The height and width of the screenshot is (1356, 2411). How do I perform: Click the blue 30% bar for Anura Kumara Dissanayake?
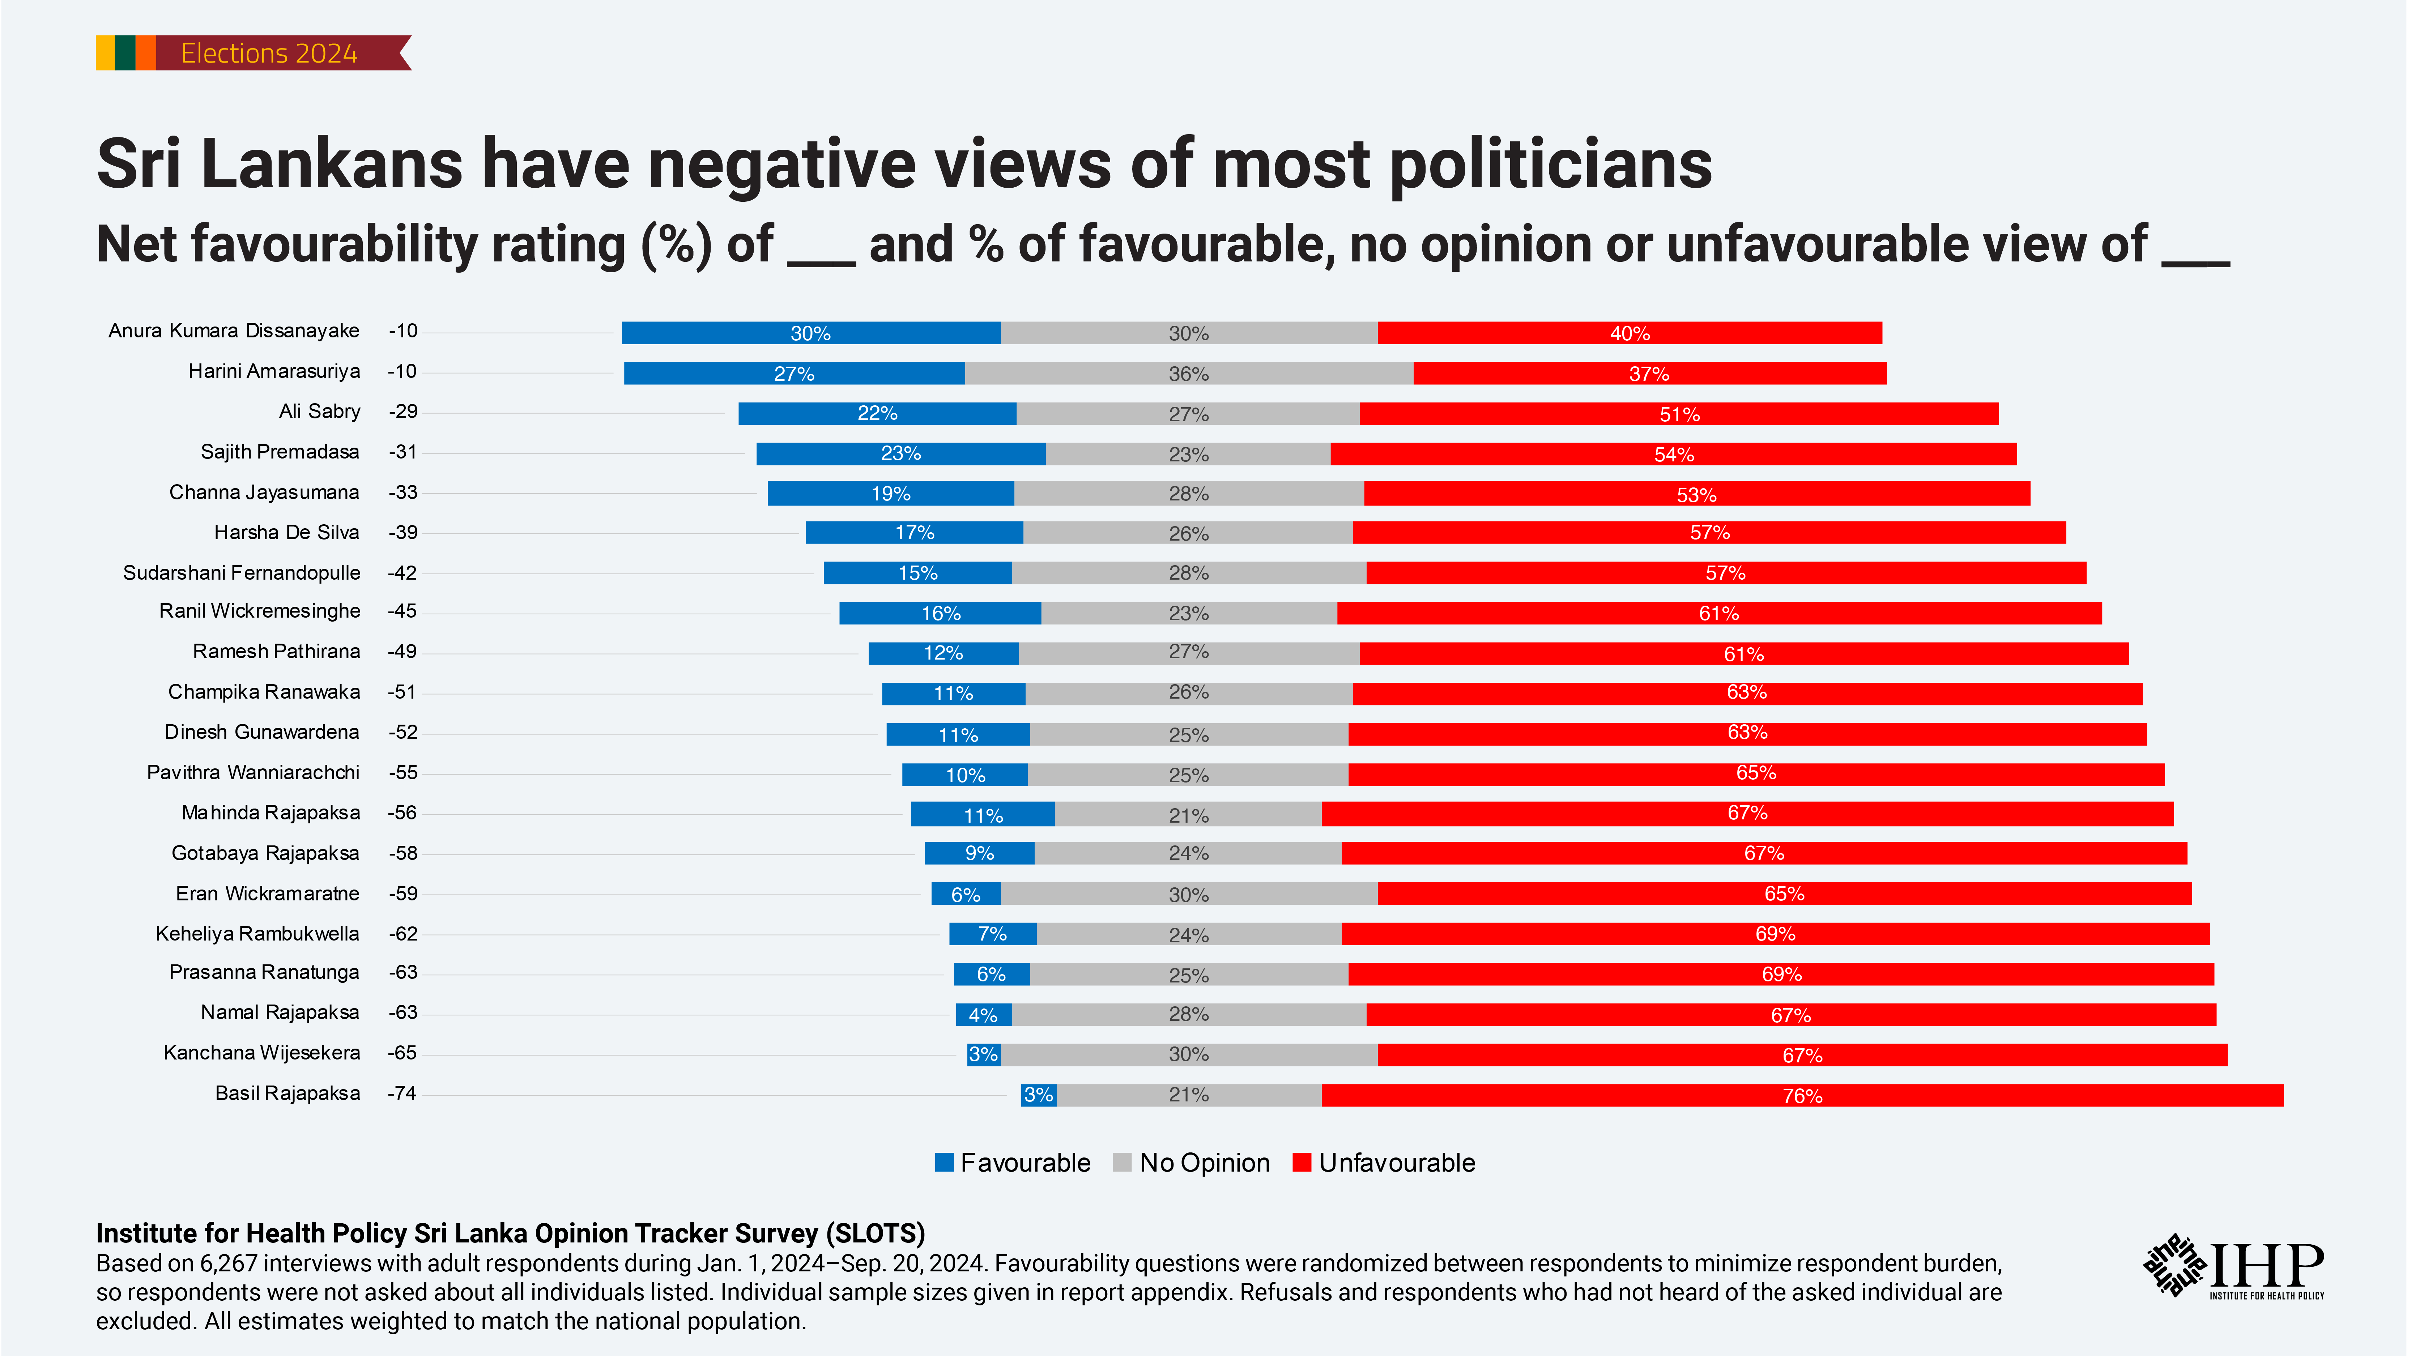coord(810,333)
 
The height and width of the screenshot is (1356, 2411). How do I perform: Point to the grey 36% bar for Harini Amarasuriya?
coord(1189,374)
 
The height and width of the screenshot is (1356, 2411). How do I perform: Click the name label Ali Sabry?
coord(319,412)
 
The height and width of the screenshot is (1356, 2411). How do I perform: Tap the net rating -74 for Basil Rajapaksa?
coord(402,1093)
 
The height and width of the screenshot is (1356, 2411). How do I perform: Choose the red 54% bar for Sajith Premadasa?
coord(1674,454)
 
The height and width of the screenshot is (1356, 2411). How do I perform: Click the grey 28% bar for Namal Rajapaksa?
coord(1189,1014)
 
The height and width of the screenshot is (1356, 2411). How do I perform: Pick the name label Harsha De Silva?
coord(286,533)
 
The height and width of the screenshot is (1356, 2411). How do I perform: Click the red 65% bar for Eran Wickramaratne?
coord(1784,894)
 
